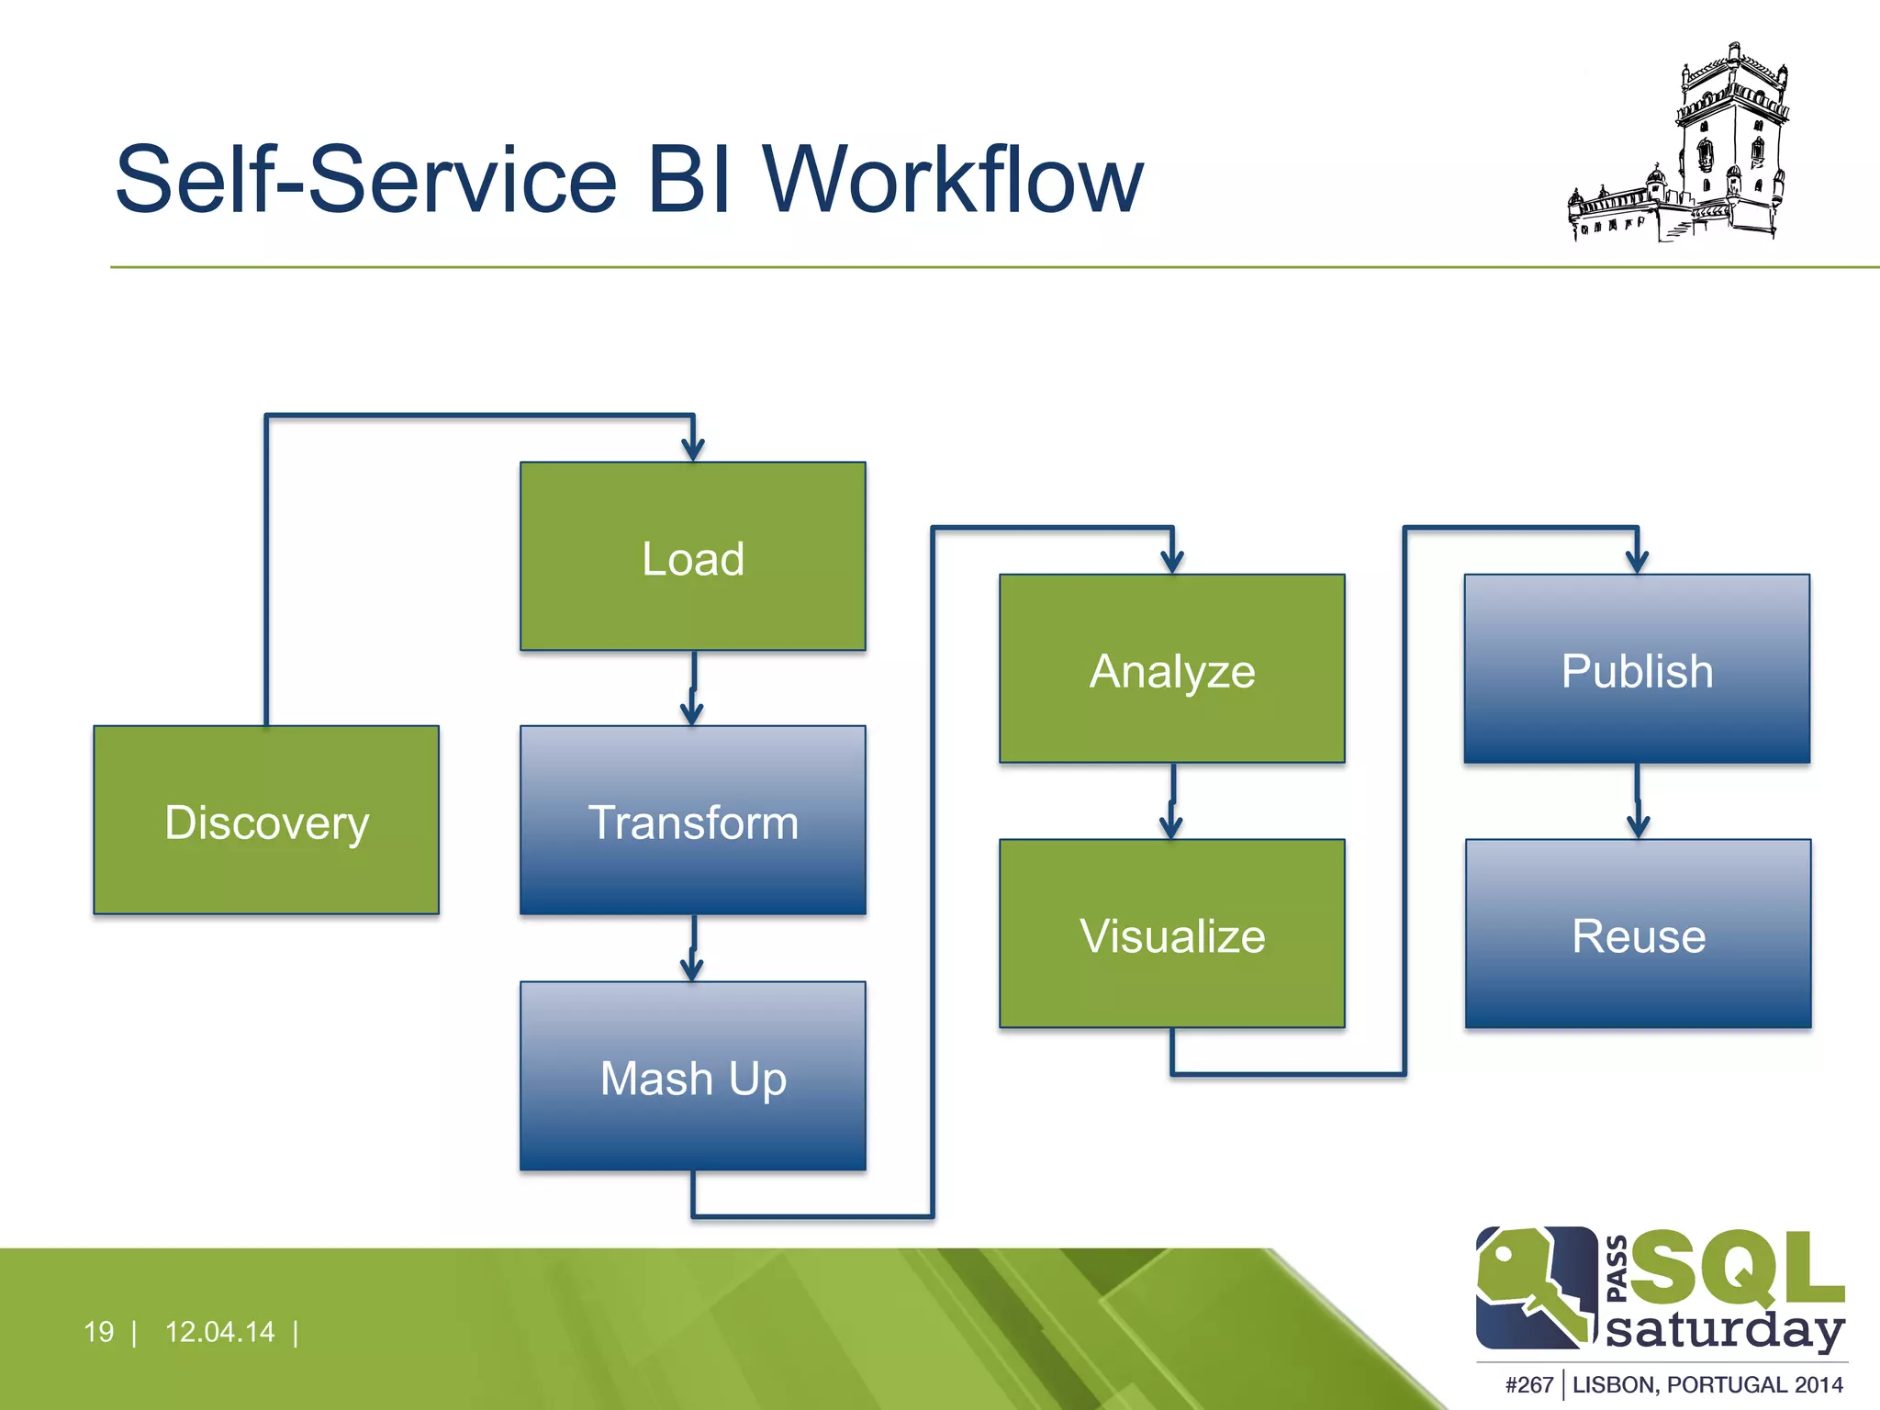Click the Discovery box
[266, 820]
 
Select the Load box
[693, 556]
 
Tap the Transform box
[693, 820]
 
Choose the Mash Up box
[693, 1076]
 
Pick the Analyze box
[1172, 669]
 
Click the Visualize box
[1172, 934]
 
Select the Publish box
[1637, 669]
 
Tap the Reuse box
[1639, 934]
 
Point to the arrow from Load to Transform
[693, 688]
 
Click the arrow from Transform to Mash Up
[693, 948]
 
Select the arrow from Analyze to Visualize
[1172, 801]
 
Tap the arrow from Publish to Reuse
[1638, 801]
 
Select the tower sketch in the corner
[1680, 147]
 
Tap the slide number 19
[98, 1331]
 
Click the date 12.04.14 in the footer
[219, 1331]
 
